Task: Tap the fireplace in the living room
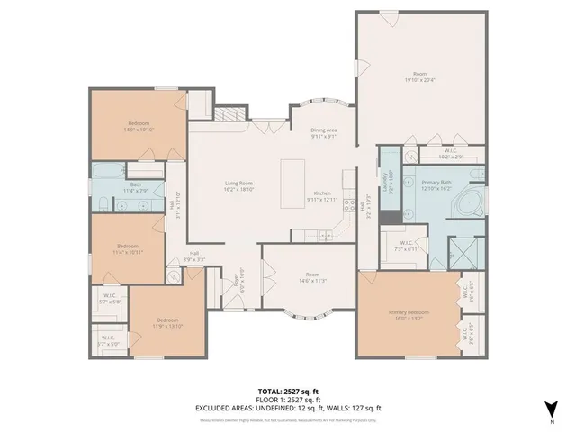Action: [229, 115]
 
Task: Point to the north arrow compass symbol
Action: [551, 408]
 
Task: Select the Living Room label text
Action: [239, 184]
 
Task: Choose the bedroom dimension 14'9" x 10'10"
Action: [139, 129]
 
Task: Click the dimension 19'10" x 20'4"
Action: [419, 80]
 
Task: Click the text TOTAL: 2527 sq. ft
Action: [288, 391]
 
